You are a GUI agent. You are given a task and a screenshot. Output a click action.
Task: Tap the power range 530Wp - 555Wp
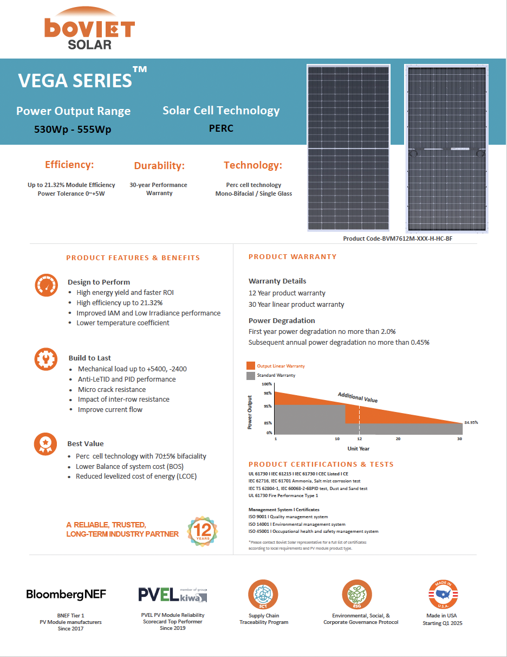coord(73,130)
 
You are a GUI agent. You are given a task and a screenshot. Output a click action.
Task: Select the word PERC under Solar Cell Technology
coord(221,128)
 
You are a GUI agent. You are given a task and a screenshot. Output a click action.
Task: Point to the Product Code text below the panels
coord(397,239)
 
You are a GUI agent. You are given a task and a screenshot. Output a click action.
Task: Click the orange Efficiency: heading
coord(69,165)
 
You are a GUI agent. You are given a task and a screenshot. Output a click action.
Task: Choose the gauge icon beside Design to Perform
coord(45,285)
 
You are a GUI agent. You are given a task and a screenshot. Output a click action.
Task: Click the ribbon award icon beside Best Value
coord(45,443)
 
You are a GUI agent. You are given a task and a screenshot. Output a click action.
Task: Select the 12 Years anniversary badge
coord(203,531)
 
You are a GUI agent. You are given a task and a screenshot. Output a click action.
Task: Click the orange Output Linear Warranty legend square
coord(250,366)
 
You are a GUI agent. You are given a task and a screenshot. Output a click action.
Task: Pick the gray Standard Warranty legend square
coord(250,375)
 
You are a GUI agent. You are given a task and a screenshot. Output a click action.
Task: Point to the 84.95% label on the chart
coord(471,422)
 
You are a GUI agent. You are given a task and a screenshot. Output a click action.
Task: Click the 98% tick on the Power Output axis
coord(268,393)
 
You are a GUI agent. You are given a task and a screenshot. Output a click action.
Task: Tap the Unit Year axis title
coord(359,448)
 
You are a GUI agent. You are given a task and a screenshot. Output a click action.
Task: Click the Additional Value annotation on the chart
coord(357,397)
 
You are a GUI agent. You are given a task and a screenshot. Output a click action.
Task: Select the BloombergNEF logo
coord(66,594)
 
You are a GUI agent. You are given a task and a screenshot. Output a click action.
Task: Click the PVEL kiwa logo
coord(172,595)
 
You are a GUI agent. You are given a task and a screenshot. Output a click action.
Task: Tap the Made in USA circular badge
coord(443,595)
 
